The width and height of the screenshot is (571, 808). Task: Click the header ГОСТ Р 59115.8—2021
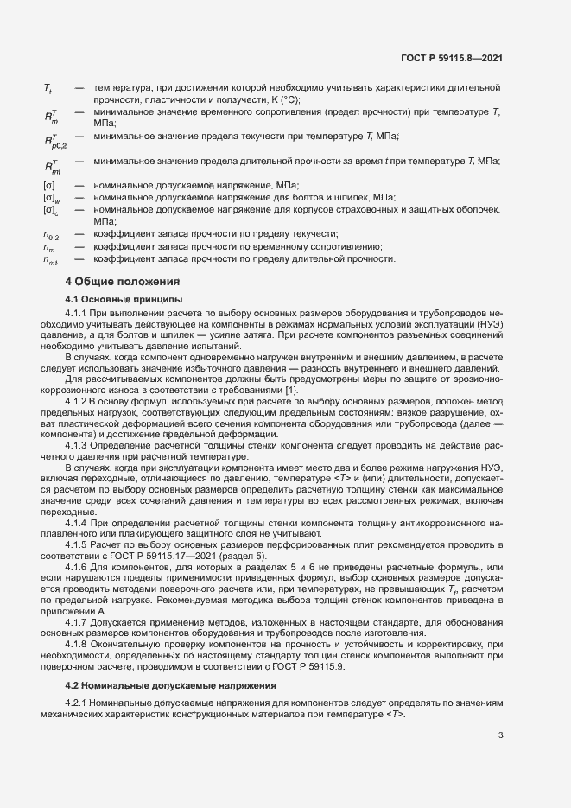452,58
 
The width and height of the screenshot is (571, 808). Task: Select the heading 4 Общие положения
123,281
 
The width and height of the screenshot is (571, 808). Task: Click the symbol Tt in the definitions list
48,88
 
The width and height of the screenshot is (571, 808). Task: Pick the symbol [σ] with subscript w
50,197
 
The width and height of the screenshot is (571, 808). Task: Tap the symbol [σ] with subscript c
50,210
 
